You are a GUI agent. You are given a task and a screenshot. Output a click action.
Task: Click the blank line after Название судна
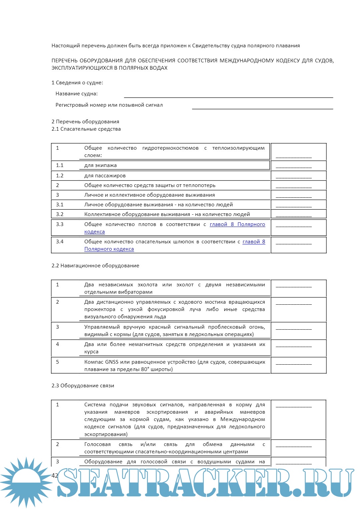coord(228,97)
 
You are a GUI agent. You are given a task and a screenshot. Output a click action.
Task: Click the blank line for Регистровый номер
coord(262,108)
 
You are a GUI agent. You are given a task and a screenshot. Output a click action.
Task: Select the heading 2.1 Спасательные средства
coord(86,129)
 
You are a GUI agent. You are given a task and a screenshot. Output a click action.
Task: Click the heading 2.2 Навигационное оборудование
coord(95,266)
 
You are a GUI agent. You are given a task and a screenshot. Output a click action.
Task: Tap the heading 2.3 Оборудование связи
coord(83,386)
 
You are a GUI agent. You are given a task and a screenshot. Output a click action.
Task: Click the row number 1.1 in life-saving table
coord(60,165)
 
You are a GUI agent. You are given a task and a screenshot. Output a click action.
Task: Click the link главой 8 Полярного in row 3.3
coord(237,224)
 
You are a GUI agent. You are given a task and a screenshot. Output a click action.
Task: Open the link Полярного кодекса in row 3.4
coord(109,249)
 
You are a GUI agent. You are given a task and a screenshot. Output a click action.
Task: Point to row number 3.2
coord(60,214)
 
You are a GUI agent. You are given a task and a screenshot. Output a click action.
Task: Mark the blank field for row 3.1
coord(294,206)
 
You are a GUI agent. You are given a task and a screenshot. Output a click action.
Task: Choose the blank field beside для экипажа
coord(294,166)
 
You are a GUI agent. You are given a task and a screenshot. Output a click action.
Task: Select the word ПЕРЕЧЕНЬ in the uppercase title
coord(64,61)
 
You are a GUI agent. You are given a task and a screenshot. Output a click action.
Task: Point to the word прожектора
coord(100,309)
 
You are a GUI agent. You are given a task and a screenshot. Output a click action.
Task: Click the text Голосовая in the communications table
coord(97,444)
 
